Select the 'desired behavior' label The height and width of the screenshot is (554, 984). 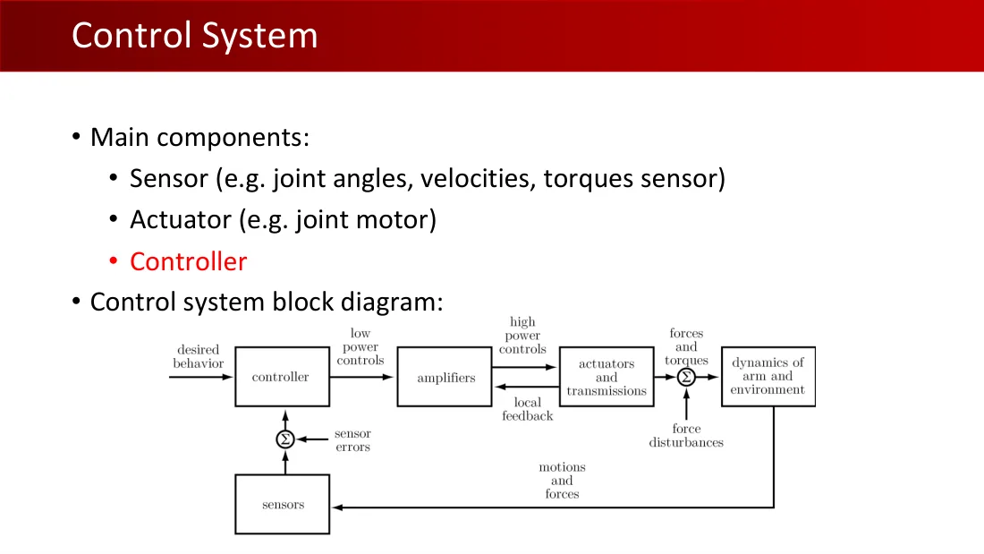point(199,357)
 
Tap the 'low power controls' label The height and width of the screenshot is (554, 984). point(361,346)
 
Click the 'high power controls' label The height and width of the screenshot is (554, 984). point(522,336)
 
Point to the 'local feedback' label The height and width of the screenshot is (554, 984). point(527,409)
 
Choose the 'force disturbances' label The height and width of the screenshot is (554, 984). point(686,435)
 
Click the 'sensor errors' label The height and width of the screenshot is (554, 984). point(352,439)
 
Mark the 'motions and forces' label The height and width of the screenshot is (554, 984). point(563,481)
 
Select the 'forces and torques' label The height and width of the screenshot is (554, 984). point(686,346)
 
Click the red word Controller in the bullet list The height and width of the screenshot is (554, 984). point(188,261)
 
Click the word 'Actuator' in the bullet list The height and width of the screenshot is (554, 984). point(181,220)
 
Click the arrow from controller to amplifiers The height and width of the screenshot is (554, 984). point(361,377)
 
